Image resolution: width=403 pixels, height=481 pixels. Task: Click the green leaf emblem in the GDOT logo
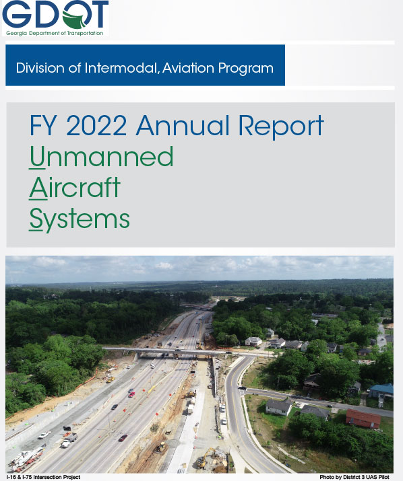75,19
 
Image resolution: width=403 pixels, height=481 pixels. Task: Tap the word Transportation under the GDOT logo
85,33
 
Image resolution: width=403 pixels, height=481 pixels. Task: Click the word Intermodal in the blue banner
120,68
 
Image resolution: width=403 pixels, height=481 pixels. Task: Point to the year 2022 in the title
96,125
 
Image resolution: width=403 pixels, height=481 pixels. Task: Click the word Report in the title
281,126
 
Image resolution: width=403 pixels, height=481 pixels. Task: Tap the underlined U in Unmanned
37,157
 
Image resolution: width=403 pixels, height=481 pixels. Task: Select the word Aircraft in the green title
75,188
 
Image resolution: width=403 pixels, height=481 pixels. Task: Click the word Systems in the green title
80,219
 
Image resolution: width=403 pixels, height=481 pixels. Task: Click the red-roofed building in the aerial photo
363,418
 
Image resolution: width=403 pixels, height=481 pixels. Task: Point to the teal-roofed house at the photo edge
381,391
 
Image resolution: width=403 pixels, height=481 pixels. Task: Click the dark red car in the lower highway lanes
123,438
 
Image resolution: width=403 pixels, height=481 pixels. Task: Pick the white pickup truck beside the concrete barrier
44,435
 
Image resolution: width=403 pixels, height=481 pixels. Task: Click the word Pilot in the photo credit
384,477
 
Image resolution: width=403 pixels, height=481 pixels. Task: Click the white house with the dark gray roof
278,407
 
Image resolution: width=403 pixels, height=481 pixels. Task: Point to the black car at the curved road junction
242,387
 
